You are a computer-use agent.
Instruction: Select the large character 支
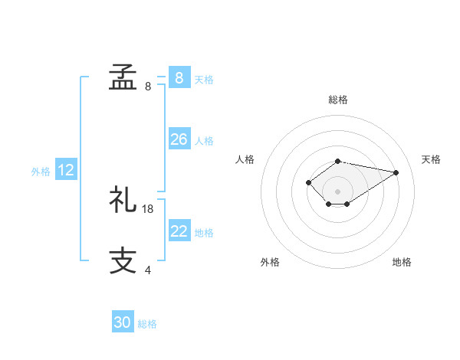pos(123,260)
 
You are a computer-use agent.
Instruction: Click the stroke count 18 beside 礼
pos(148,208)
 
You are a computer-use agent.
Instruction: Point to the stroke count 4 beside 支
pos(148,270)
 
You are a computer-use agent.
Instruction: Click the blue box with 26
pos(179,139)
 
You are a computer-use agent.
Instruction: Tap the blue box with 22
pos(179,231)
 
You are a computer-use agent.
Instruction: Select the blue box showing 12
pos(66,171)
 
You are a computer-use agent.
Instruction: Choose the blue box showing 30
pos(123,322)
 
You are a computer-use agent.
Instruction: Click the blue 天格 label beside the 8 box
pos(204,79)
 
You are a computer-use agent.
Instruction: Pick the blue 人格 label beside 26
pos(204,141)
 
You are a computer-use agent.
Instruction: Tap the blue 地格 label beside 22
pos(204,233)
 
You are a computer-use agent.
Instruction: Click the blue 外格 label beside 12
pos(41,172)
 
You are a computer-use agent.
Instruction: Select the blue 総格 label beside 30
pos(147,324)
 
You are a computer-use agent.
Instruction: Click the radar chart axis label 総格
pos(338,100)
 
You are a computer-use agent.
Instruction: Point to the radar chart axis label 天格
pos(431,159)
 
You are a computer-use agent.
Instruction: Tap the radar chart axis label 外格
pos(270,262)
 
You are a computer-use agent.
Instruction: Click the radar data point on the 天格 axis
pos(396,172)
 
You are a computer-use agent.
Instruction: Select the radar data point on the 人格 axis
pos(308,182)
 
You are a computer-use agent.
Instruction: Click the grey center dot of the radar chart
pos(338,191)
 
